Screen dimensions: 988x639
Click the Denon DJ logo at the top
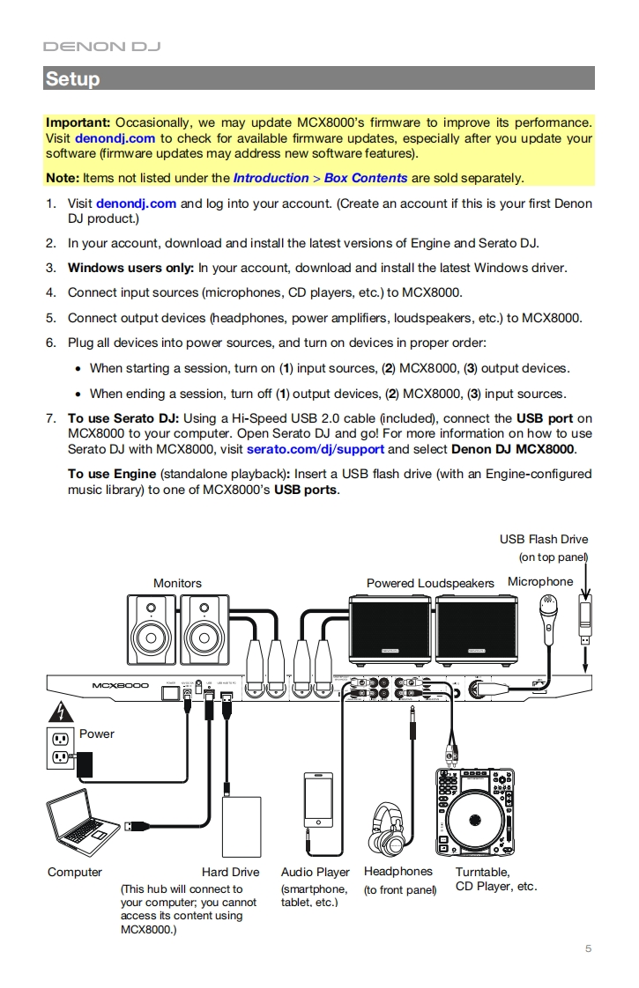[101, 46]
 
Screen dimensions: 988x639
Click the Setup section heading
[72, 78]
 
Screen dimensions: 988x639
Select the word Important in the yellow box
[78, 122]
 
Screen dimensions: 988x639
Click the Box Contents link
[366, 178]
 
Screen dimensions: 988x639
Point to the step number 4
[50, 292]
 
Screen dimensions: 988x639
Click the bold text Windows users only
[130, 268]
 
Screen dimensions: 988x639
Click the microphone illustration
[549, 621]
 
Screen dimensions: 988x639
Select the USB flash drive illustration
[583, 616]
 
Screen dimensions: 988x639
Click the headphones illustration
[397, 827]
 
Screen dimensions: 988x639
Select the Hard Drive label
[230, 872]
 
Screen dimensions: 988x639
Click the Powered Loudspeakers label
[430, 583]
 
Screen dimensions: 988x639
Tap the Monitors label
[177, 583]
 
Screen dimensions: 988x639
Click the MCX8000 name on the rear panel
[120, 686]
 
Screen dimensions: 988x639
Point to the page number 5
[588, 948]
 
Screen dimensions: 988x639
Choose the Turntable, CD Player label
[495, 879]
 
